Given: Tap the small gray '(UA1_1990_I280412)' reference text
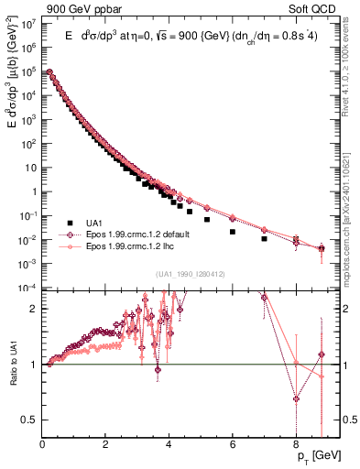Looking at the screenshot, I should pyautogui.click(x=191, y=275).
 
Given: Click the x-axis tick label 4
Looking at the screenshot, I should pyautogui.click(x=169, y=442).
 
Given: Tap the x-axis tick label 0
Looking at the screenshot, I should pyautogui.click(x=43, y=442).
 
